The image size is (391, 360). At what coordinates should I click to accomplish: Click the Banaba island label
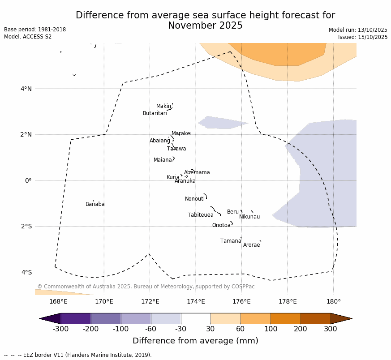click(x=95, y=205)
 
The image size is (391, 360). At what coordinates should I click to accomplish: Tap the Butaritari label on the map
click(x=155, y=114)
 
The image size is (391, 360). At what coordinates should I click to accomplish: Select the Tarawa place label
click(x=176, y=149)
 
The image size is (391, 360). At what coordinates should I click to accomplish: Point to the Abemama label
click(x=197, y=173)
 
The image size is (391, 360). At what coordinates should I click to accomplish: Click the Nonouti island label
click(x=195, y=199)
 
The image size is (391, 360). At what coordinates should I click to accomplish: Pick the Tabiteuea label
click(x=201, y=215)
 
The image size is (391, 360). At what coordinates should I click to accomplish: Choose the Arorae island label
click(x=252, y=245)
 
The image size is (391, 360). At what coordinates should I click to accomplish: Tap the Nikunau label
click(x=249, y=217)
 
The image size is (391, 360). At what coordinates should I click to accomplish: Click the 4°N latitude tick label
click(x=26, y=89)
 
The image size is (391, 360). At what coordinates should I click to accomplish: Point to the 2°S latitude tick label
click(x=26, y=227)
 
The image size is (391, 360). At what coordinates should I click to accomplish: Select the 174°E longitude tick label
click(x=196, y=302)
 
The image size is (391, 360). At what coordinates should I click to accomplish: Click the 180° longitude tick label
click(x=333, y=302)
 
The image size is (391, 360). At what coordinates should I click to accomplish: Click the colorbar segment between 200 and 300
click(x=315, y=318)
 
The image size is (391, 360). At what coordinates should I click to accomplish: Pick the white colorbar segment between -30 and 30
click(x=196, y=318)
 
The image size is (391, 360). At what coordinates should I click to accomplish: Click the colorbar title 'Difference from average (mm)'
click(x=195, y=341)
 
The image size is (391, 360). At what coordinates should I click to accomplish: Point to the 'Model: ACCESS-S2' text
click(x=28, y=37)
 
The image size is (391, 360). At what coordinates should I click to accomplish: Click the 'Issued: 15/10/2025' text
click(x=363, y=38)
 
